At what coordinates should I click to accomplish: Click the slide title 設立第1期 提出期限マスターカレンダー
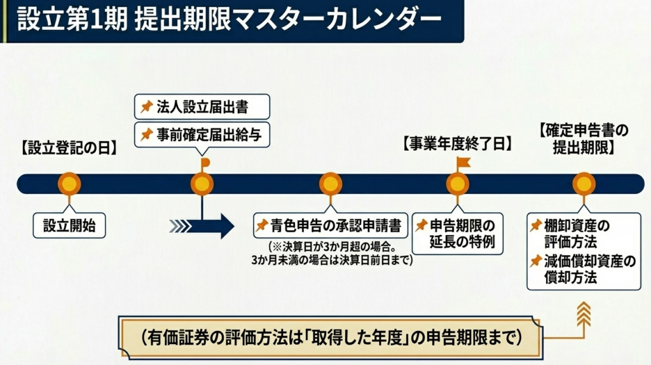[230, 20]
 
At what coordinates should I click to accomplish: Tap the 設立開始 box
[69, 225]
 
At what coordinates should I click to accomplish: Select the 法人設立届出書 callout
[202, 106]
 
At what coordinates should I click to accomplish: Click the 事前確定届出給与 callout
[202, 134]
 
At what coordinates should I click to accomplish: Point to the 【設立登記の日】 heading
[69, 149]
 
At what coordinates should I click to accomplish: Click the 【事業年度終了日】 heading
[457, 144]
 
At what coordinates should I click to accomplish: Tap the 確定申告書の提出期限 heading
[584, 139]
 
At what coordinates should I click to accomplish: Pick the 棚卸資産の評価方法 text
[578, 233]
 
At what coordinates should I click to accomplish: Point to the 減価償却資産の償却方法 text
[583, 270]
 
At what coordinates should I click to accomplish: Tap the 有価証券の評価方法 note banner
[330, 337]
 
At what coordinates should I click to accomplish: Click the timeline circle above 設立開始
[69, 184]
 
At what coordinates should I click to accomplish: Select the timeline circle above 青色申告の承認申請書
[330, 184]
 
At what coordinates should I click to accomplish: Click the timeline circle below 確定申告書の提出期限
[584, 184]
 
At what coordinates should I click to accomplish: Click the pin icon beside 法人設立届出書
[147, 106]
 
